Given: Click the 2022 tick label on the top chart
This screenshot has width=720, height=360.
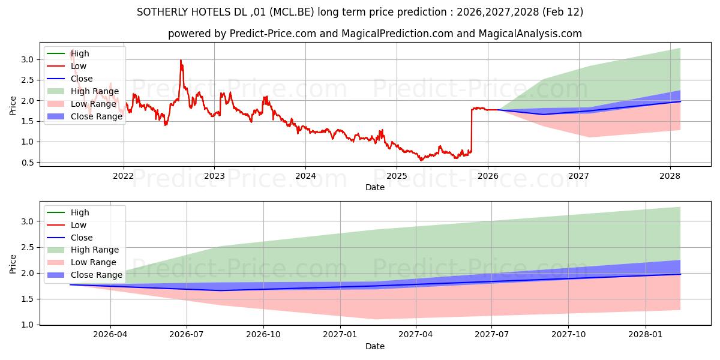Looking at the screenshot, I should click(x=124, y=176).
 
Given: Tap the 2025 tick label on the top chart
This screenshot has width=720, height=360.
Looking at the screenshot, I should click(x=397, y=176).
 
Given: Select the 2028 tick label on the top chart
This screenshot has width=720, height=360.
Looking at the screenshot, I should click(x=670, y=176).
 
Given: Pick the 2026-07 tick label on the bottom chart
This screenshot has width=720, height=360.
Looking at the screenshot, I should click(x=187, y=335).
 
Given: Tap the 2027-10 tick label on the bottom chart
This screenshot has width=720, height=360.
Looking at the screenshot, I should click(x=568, y=335).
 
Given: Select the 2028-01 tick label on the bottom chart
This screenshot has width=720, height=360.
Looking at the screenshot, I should click(x=645, y=335).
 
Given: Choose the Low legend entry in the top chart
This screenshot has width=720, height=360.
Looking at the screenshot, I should click(x=79, y=66).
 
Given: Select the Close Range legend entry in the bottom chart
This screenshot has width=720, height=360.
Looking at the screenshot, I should click(x=97, y=275).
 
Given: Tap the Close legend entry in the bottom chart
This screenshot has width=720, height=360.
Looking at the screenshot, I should click(x=82, y=238).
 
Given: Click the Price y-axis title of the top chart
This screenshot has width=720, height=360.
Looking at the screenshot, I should click(x=13, y=106).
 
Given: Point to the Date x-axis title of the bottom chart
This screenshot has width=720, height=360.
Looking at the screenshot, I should click(x=375, y=346).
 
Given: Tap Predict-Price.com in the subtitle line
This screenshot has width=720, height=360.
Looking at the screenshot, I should click(x=273, y=34).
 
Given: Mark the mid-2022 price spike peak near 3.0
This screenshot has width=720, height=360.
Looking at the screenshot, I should click(x=181, y=60).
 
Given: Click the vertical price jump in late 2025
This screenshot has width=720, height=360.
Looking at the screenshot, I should click(x=472, y=129).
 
